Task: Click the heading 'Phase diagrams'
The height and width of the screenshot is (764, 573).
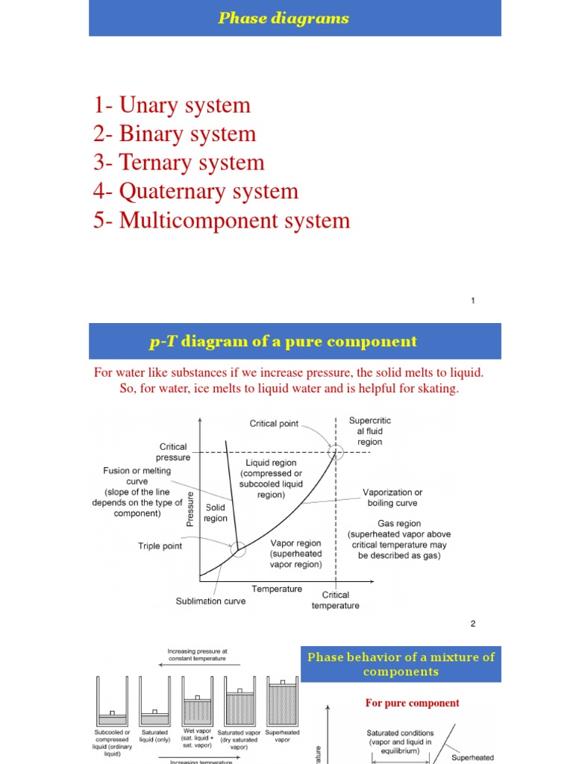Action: (x=284, y=18)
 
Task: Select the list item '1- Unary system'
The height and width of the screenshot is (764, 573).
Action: (x=172, y=105)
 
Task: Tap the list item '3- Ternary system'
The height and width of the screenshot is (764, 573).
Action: (x=179, y=163)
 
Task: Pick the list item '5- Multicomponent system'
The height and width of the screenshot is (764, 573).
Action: (x=222, y=220)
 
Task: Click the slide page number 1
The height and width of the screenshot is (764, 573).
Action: (x=473, y=301)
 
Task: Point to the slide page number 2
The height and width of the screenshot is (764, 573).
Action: (x=473, y=624)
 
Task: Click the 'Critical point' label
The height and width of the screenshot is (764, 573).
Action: (x=274, y=424)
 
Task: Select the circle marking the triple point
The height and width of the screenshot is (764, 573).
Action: (x=238, y=550)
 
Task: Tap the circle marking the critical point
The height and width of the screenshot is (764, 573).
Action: (x=336, y=451)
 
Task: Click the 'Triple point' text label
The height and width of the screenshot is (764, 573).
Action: (x=160, y=546)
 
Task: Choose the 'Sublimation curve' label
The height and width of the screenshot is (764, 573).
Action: (x=210, y=601)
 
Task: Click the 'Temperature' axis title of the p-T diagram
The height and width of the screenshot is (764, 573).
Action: (x=277, y=589)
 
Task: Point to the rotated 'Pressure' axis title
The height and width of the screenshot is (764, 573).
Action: (x=190, y=510)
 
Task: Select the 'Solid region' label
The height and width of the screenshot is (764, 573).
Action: (x=216, y=513)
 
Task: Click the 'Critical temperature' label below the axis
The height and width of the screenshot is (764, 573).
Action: (x=335, y=600)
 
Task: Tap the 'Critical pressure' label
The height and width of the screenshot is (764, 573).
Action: (x=173, y=452)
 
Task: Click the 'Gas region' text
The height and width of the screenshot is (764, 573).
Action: (x=399, y=524)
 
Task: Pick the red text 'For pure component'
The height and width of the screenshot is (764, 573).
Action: (x=412, y=703)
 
